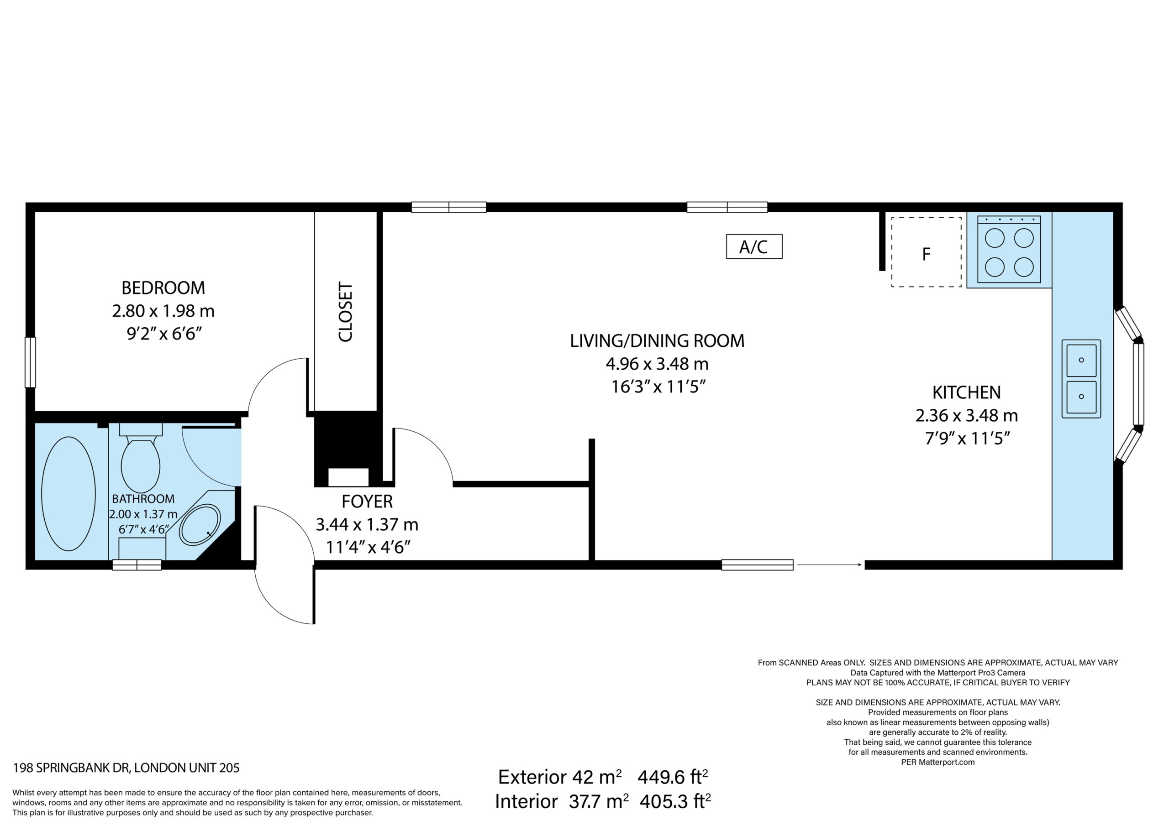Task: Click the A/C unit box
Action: click(754, 247)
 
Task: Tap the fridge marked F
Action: click(926, 252)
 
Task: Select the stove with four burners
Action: click(1009, 249)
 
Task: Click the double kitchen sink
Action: click(1081, 379)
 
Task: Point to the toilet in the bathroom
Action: click(141, 458)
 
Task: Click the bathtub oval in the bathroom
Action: click(68, 494)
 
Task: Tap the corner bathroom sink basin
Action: click(200, 525)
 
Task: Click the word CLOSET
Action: click(345, 312)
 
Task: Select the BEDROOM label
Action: click(163, 288)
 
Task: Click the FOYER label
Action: click(367, 502)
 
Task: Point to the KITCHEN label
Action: click(966, 392)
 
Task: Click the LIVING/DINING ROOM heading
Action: click(657, 341)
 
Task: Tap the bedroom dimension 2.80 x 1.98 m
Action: click(163, 311)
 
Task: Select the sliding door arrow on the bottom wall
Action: click(829, 565)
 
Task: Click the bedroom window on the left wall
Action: click(30, 362)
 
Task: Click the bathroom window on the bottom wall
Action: click(137, 565)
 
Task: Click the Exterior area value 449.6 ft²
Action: click(673, 777)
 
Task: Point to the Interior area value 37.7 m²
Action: click(599, 801)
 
